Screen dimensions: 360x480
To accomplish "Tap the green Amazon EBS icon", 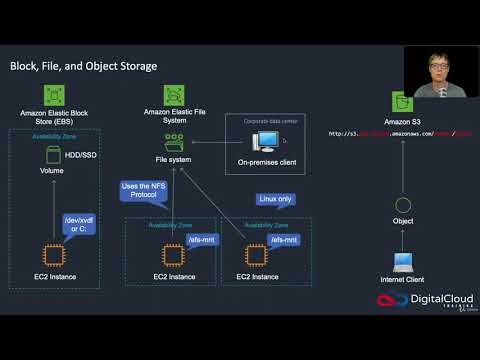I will [x=54, y=96].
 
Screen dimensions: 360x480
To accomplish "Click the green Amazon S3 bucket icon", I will [x=402, y=101].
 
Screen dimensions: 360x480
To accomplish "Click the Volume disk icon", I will [x=53, y=155].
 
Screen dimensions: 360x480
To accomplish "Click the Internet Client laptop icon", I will [x=402, y=263].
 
